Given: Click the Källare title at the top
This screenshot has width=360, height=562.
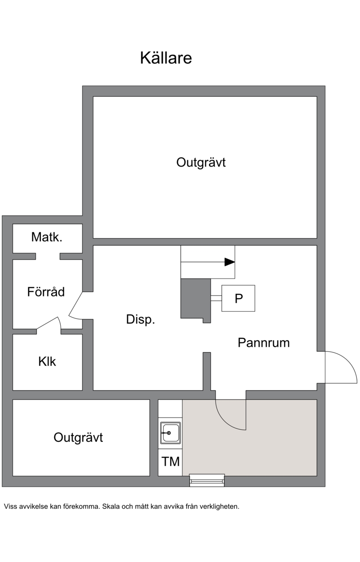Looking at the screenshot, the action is click(166, 58).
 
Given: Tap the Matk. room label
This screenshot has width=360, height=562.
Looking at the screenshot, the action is click(47, 237).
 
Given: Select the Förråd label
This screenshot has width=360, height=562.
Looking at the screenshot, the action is click(46, 292).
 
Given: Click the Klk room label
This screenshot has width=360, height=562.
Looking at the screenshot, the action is click(47, 361).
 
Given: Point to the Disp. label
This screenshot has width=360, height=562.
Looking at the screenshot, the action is click(140, 319).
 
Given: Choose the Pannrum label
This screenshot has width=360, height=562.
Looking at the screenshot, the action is click(264, 343).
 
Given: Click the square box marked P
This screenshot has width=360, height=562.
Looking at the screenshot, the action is click(238, 298).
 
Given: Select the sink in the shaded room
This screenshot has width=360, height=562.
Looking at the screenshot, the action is click(171, 433).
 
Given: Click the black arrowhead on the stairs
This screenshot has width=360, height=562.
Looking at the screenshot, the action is click(229, 262).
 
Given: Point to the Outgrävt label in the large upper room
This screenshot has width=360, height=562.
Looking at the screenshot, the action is click(201, 162).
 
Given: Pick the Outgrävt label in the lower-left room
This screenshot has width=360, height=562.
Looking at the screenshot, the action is click(78, 437).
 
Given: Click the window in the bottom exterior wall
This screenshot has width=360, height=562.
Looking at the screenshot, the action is click(207, 480).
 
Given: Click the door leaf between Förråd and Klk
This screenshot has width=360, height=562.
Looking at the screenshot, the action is click(47, 323).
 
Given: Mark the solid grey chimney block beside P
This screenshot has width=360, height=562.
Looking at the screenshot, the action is click(196, 300).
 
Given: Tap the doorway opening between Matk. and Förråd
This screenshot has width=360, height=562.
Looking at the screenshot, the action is click(48, 256).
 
